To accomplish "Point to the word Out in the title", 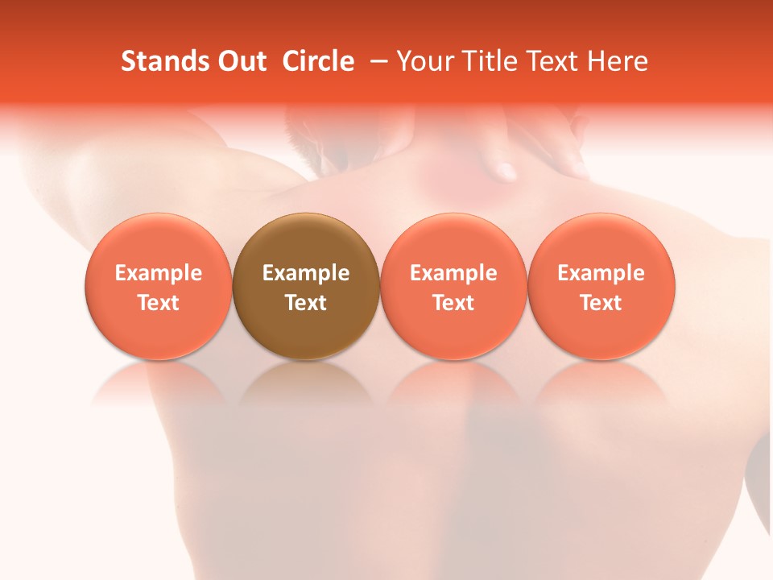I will [241, 61].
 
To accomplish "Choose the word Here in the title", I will [616, 61].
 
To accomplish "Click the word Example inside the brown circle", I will [306, 273].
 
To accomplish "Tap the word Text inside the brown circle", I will [306, 303].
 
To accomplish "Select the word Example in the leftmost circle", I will [159, 273].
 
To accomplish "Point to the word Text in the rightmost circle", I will [601, 303].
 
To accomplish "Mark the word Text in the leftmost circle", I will [159, 303].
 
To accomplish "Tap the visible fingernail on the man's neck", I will [506, 171].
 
